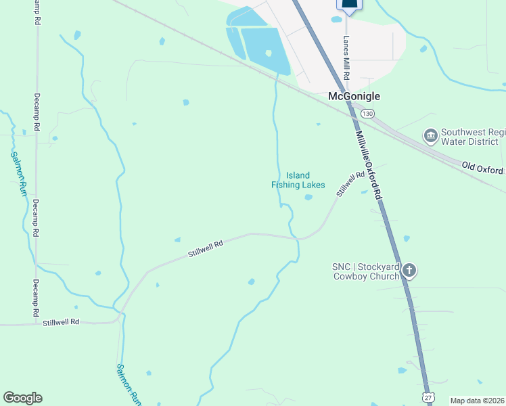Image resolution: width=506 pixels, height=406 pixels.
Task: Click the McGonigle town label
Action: (354, 97)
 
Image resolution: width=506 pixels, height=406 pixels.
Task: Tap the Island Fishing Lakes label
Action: (298, 180)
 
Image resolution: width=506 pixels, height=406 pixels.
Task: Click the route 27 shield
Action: (427, 398)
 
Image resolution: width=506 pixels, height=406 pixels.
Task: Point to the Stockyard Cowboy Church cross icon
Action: (409, 271)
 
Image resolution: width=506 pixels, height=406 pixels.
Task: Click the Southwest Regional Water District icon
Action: (430, 137)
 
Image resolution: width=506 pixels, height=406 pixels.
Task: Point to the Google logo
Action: (22, 398)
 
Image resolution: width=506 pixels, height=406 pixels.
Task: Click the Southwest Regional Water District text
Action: (472, 137)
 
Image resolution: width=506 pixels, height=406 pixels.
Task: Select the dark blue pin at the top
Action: (349, 4)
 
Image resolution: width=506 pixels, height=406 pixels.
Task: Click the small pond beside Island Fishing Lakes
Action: (308, 198)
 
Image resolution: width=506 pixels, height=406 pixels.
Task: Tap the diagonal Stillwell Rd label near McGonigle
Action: (351, 183)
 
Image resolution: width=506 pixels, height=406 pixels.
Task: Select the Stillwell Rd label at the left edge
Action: (61, 322)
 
